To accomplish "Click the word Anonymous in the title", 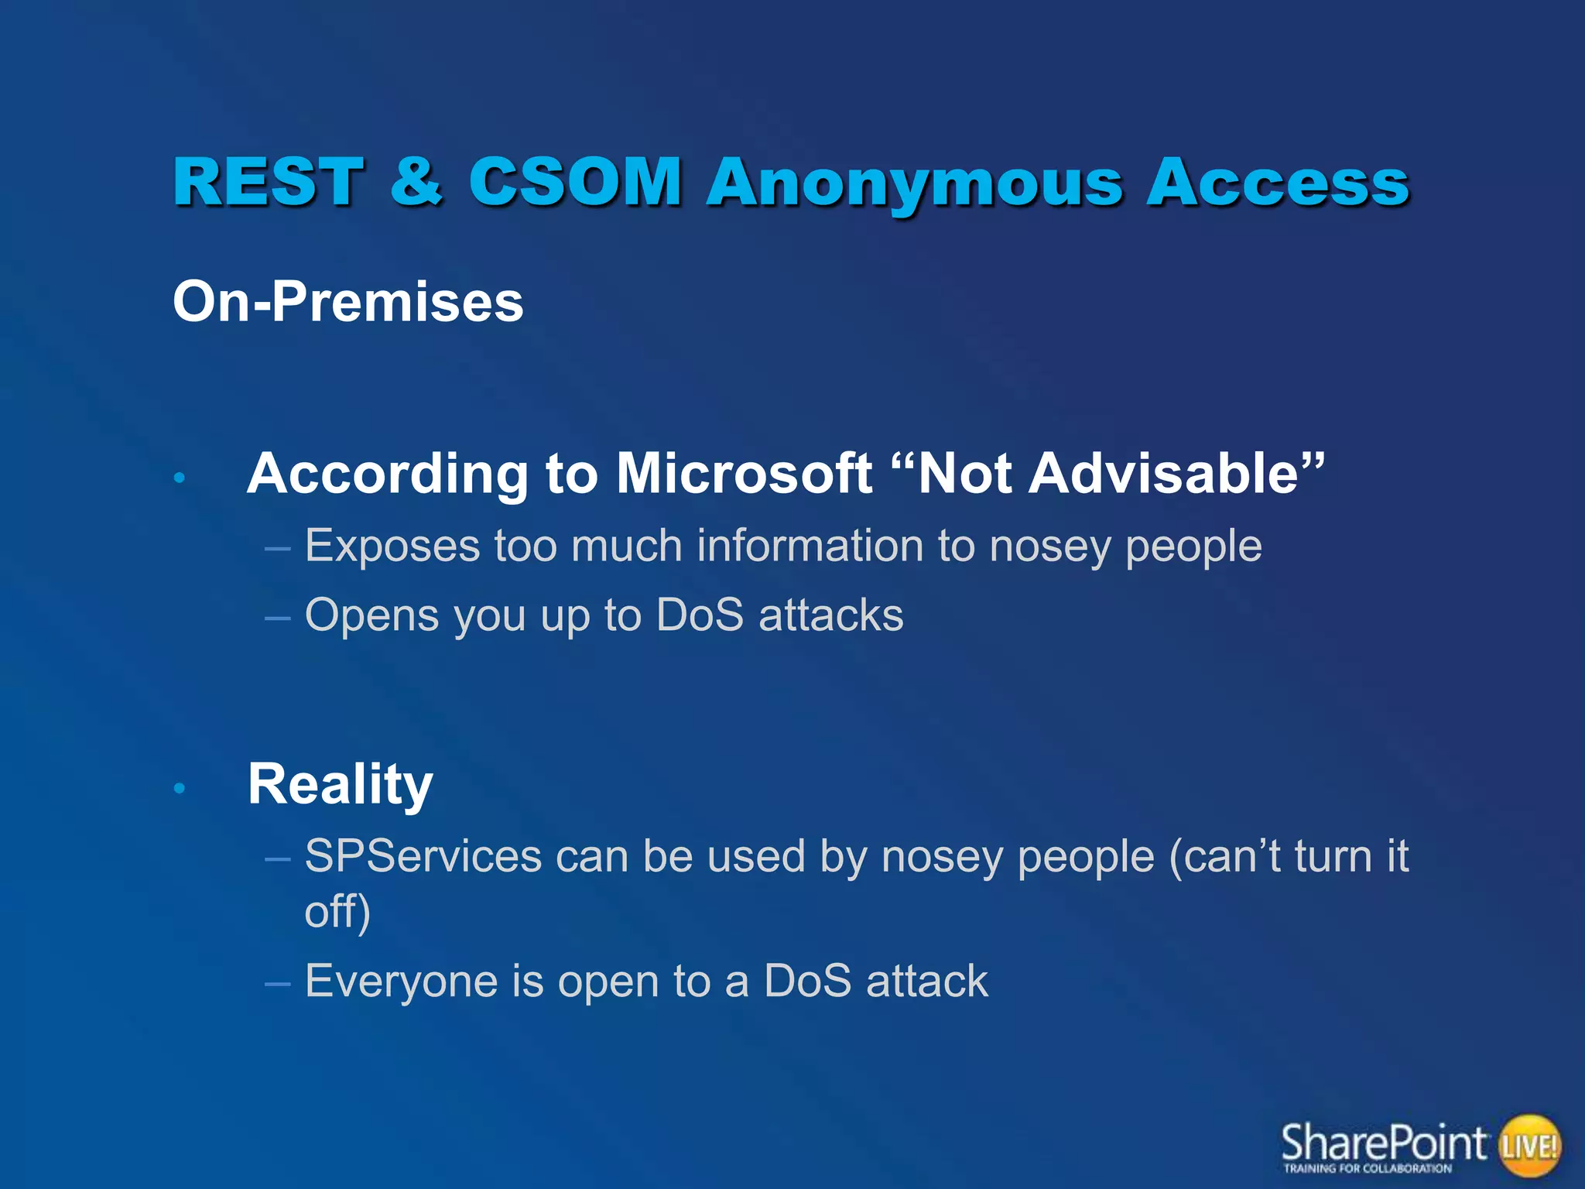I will [x=914, y=184].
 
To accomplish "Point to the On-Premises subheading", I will [x=348, y=301].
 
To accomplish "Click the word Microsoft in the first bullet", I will [x=744, y=473].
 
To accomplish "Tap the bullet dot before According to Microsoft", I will [x=180, y=478].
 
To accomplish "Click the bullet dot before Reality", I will [x=180, y=788].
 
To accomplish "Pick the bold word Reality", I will [x=340, y=785].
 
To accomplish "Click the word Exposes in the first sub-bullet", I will [x=392, y=547].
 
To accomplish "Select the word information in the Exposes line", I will [x=810, y=545].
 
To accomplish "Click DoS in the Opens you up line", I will [x=699, y=615].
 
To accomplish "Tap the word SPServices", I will [x=423, y=856].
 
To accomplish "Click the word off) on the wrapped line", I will [x=337, y=912].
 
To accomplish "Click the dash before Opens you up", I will [x=277, y=618].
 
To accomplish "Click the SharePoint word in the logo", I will [x=1383, y=1141].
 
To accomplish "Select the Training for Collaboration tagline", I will [x=1368, y=1169].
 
